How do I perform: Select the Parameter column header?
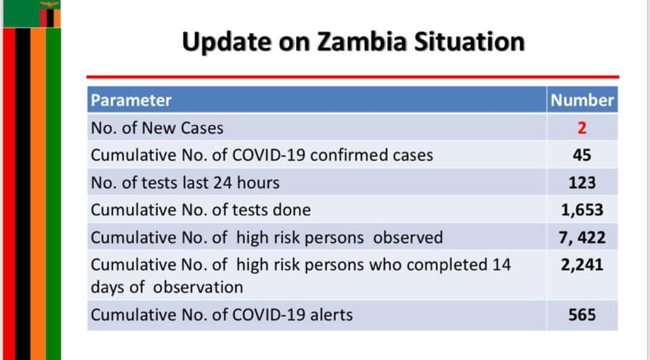131,100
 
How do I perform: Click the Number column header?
582,100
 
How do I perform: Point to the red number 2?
582,128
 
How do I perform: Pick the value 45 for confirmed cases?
582,156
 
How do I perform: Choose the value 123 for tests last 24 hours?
582,183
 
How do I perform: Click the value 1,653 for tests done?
582,210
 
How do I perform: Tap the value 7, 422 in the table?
582,238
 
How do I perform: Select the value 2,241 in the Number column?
582,265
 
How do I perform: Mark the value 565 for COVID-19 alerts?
582,315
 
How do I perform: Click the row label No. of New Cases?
157,128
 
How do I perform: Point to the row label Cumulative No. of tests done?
200,210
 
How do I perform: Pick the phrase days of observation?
167,288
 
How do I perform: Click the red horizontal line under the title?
353,77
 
